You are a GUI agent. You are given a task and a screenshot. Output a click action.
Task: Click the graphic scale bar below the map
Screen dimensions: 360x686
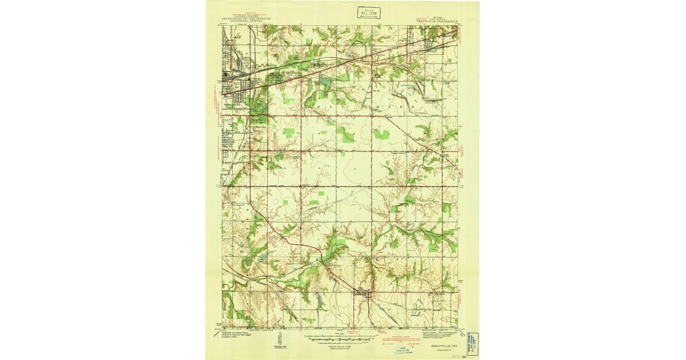pyautogui.click(x=337, y=339)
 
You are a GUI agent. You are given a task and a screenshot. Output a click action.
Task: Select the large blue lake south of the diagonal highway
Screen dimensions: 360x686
pyautogui.click(x=325, y=83)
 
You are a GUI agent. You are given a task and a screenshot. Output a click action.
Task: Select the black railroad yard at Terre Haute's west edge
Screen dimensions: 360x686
pyautogui.click(x=233, y=74)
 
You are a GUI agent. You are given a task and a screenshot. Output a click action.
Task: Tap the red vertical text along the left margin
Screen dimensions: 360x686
pyautogui.click(x=219, y=114)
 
